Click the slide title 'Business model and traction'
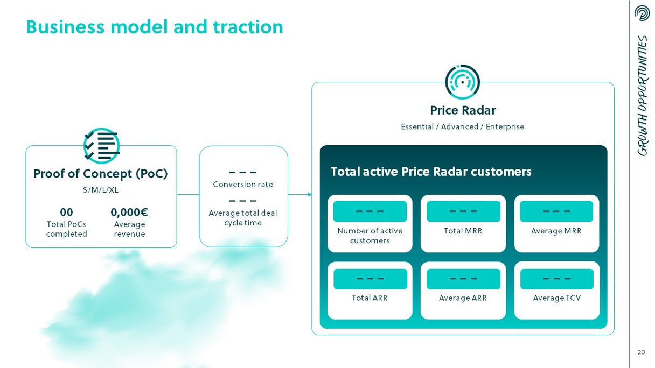point(155,27)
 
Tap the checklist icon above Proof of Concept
point(101,146)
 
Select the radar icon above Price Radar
point(462,82)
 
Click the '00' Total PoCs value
point(66,212)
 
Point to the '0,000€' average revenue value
point(129,213)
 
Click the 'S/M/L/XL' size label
point(101,190)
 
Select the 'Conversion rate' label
point(243,185)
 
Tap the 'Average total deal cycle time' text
point(243,217)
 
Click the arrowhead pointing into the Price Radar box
point(310,195)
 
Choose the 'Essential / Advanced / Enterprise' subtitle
point(463,127)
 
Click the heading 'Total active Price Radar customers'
point(431,172)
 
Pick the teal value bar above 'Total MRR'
point(463,211)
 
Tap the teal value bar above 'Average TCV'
point(557,279)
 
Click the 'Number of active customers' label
point(370,236)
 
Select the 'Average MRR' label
point(556,231)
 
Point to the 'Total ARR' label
point(370,298)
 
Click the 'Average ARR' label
point(463,298)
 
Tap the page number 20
point(641,352)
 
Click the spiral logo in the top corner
point(642,13)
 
